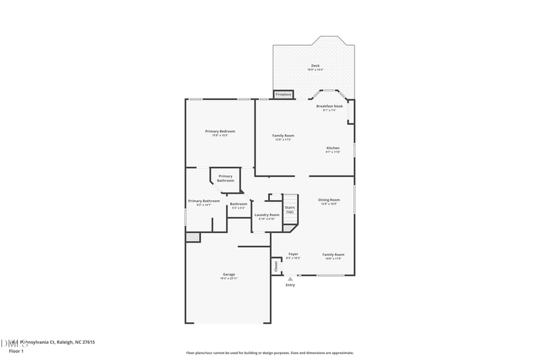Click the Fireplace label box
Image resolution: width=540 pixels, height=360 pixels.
click(x=283, y=95)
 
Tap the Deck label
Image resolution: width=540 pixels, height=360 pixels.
click(x=316, y=68)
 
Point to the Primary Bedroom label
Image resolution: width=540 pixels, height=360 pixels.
click(x=220, y=132)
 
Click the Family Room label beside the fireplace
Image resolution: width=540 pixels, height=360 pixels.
click(x=283, y=137)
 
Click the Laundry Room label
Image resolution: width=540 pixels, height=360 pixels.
click(x=267, y=216)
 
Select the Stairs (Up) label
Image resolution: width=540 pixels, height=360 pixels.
click(x=290, y=209)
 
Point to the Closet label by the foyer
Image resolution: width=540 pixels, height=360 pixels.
click(x=276, y=266)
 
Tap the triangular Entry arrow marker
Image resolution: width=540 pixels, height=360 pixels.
click(x=290, y=278)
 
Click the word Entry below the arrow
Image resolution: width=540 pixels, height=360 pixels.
click(x=290, y=285)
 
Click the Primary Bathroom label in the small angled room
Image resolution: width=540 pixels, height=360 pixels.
click(x=225, y=178)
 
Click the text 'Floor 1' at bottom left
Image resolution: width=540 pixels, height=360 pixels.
click(x=16, y=351)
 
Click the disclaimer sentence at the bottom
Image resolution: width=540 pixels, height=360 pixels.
click(x=269, y=353)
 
